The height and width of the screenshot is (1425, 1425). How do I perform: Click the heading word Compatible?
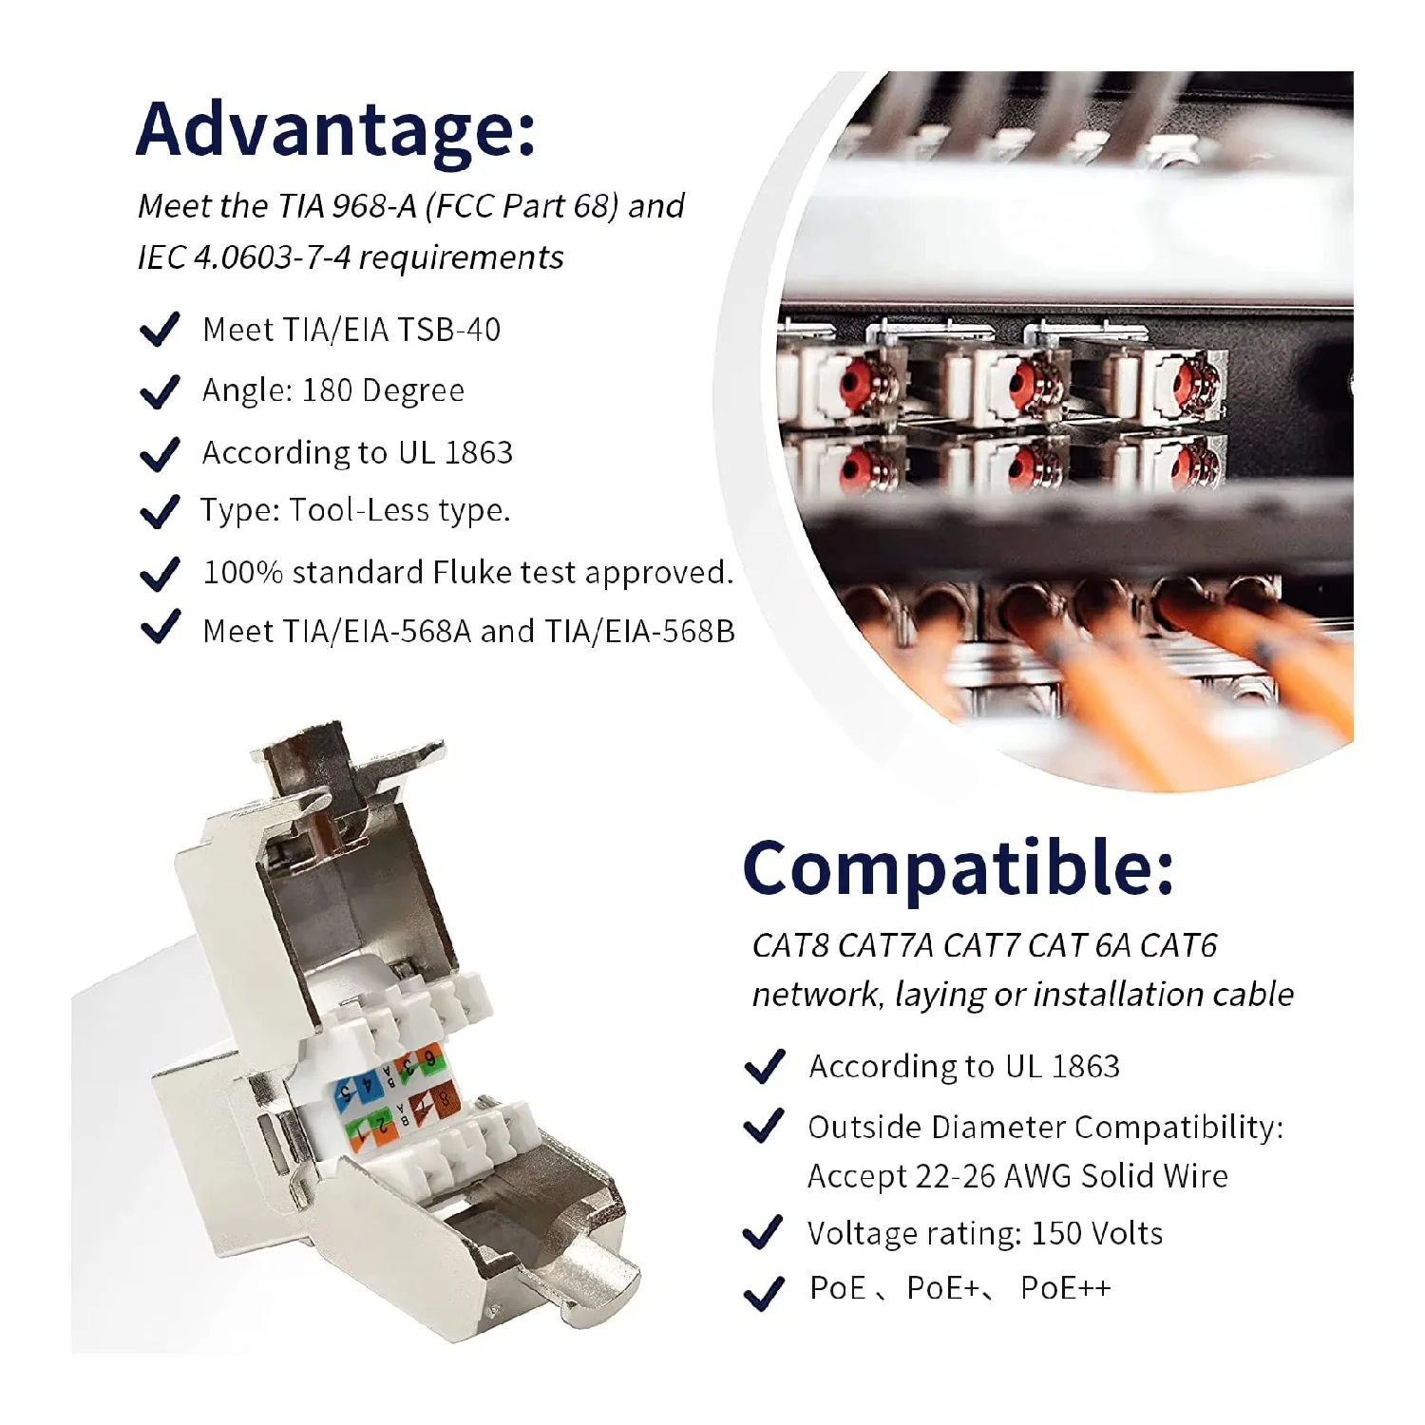tap(957, 867)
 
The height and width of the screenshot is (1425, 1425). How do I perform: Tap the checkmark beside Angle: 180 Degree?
tap(160, 391)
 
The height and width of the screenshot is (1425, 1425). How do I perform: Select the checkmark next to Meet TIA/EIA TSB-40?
tap(160, 330)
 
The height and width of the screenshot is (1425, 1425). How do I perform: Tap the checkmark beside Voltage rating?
tap(763, 1233)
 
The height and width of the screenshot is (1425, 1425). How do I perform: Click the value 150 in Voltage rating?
tap(1056, 1233)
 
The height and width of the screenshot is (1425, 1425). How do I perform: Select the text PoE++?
tap(1065, 1288)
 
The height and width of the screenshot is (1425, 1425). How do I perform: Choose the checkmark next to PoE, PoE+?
tap(764, 1291)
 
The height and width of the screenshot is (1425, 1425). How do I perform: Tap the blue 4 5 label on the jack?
tap(353, 1092)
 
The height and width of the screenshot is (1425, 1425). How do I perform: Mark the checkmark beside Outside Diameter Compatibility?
tap(764, 1128)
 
